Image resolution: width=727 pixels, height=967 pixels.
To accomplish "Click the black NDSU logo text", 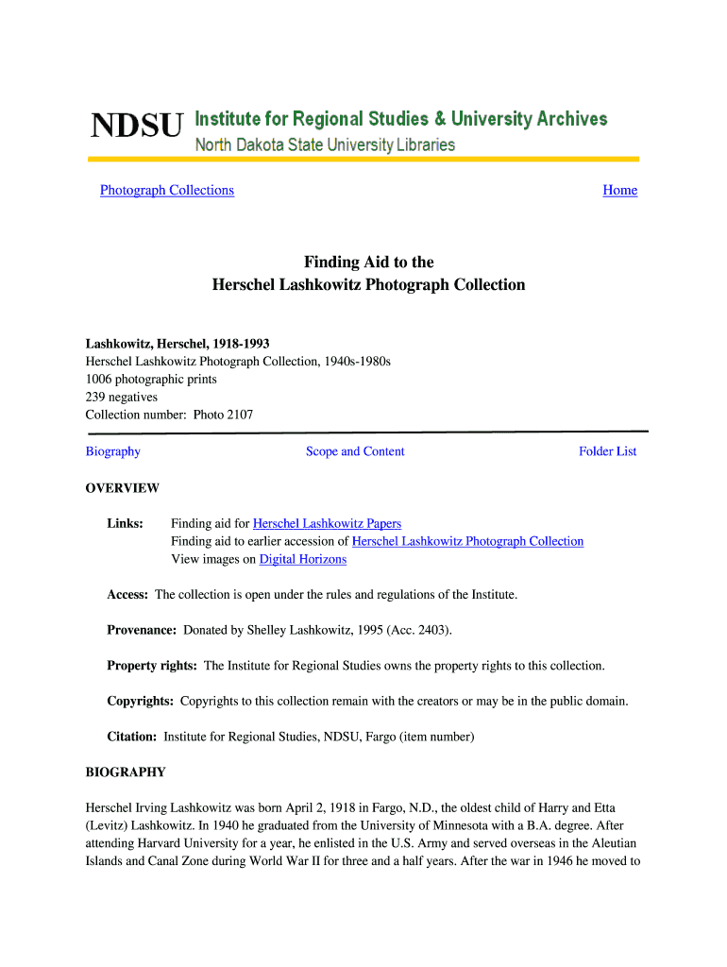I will point(136,126).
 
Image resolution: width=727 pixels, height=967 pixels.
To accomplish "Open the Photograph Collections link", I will point(167,191).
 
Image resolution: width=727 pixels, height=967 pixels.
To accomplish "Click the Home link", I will point(619,191).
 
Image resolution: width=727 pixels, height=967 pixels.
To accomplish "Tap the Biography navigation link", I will point(113,451).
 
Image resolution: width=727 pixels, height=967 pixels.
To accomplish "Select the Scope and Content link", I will point(355,451).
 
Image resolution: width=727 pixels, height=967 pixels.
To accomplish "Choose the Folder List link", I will point(607,451).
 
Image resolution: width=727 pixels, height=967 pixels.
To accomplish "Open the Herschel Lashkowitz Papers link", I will point(327,523).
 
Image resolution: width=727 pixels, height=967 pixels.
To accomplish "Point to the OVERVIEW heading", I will point(123,488).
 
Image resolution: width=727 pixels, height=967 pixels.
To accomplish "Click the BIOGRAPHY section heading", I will point(126,772).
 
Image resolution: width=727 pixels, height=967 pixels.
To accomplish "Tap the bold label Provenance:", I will point(142,630).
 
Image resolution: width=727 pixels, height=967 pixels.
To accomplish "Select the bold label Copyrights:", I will point(140,702).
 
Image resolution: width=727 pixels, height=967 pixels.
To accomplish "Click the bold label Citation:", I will point(132,737).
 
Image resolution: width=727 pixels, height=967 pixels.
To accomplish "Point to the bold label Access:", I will point(127,595).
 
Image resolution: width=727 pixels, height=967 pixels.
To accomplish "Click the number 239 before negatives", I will point(95,398).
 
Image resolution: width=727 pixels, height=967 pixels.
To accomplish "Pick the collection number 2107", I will point(238,415).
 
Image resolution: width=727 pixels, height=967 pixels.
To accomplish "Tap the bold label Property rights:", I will point(152,666).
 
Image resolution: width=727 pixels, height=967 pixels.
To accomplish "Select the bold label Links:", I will point(125,523).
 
